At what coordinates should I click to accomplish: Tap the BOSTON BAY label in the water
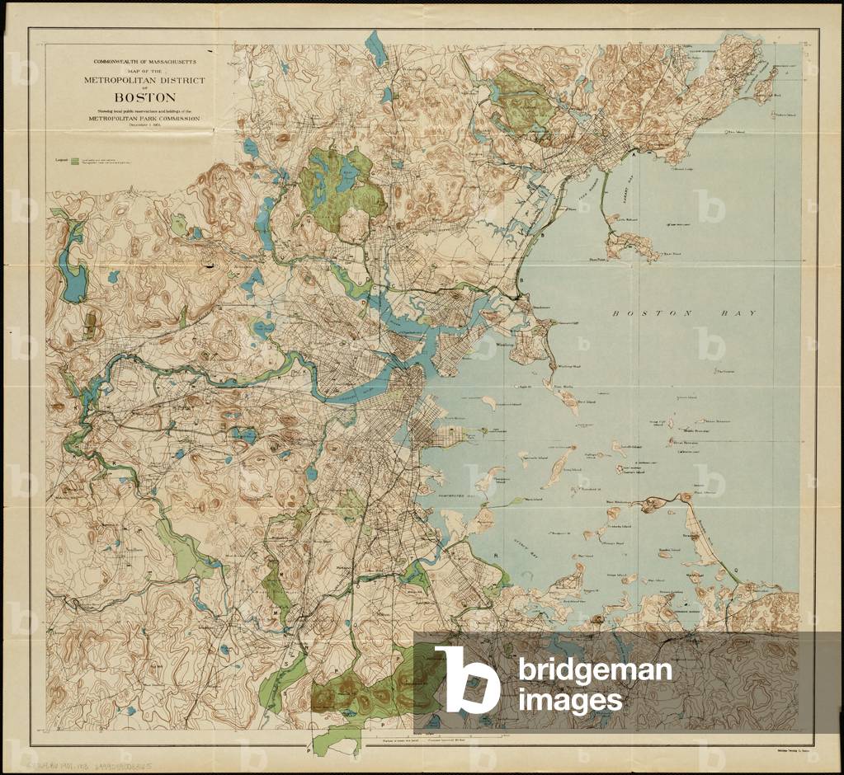click(x=684, y=314)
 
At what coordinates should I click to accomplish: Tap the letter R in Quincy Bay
click(x=496, y=557)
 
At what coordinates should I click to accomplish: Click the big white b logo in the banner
click(x=467, y=679)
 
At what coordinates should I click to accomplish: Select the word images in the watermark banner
click(x=571, y=701)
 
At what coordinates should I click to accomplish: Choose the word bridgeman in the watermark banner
click(x=595, y=669)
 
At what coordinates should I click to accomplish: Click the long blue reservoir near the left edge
click(x=72, y=264)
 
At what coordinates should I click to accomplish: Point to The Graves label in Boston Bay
click(x=724, y=371)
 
